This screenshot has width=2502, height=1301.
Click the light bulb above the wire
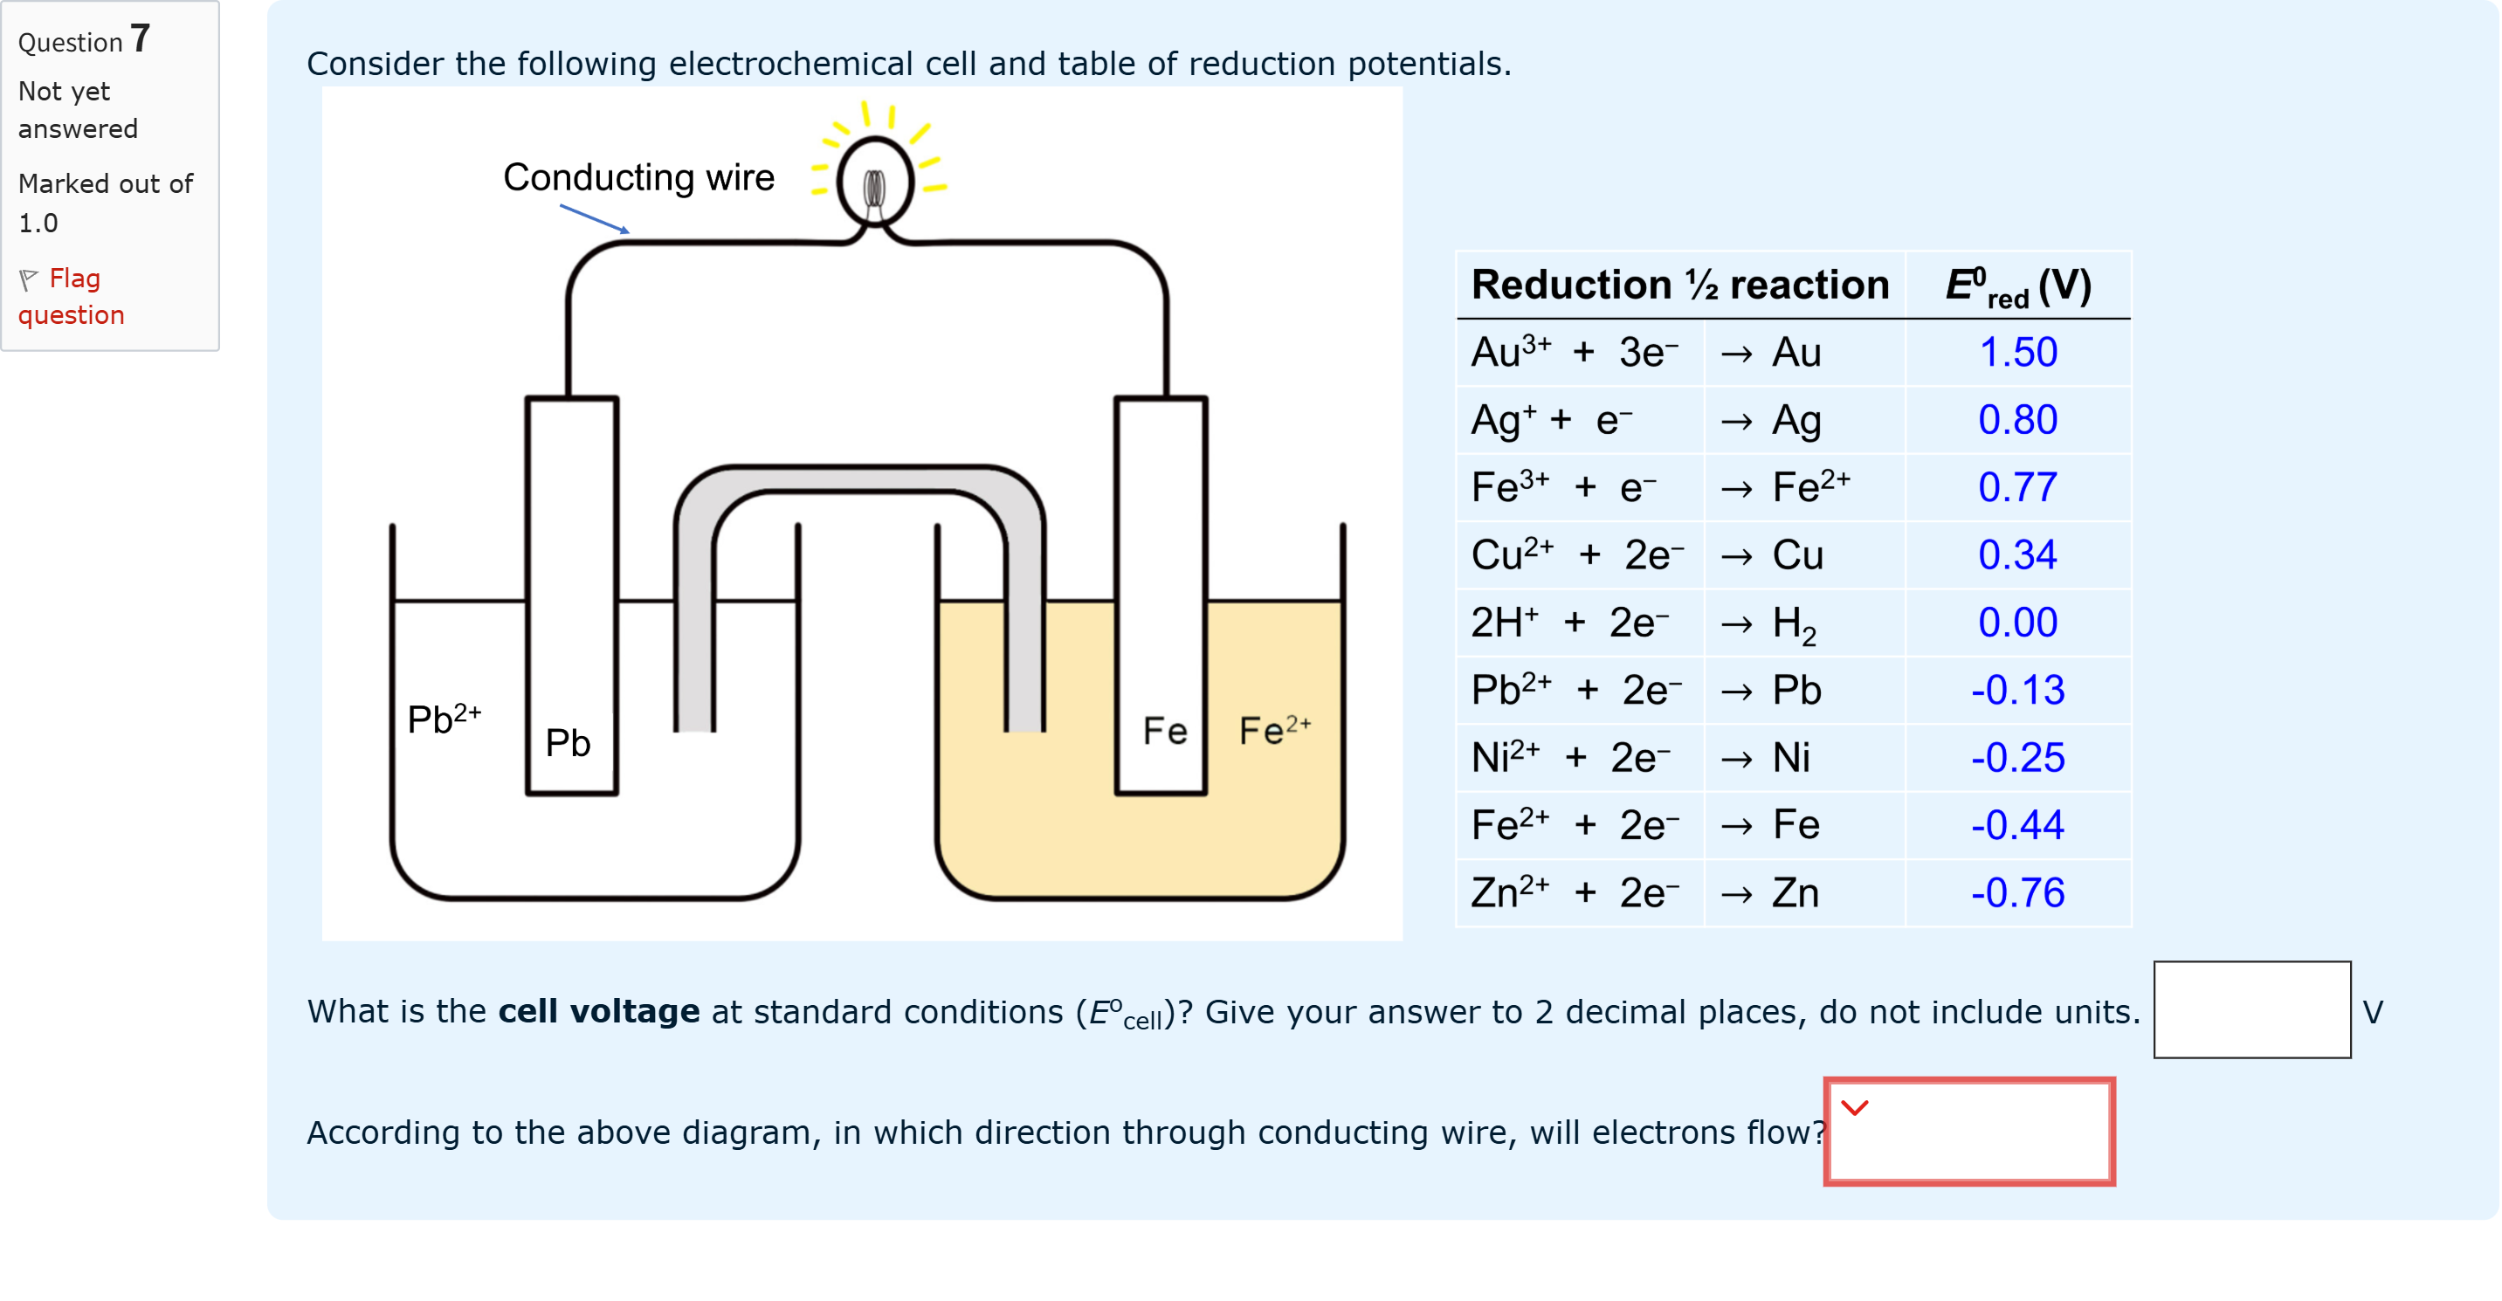pyautogui.click(x=875, y=182)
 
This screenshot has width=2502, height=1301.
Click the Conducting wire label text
pyautogui.click(x=638, y=177)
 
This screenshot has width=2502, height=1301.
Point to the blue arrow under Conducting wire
pyautogui.click(x=595, y=218)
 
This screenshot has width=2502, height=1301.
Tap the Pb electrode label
pyautogui.click(x=568, y=744)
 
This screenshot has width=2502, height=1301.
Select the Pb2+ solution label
pyautogui.click(x=444, y=719)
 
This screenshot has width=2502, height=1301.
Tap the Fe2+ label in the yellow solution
pyautogui.click(x=1274, y=730)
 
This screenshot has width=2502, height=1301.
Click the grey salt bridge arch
pyautogui.click(x=859, y=482)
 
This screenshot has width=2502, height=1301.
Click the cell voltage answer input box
pyautogui.click(x=2250, y=1009)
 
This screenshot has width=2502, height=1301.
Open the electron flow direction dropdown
pyautogui.click(x=1968, y=1131)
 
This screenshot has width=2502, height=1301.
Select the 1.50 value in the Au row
pyautogui.click(x=2017, y=353)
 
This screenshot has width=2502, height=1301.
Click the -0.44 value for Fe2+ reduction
pyautogui.click(x=2017, y=825)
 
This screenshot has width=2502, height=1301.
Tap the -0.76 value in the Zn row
pyautogui.click(x=2017, y=893)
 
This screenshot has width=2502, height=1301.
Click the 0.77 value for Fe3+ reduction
pyautogui.click(x=2017, y=487)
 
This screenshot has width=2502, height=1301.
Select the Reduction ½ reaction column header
pyautogui.click(x=1679, y=286)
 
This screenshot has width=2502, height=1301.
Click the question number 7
pyautogui.click(x=140, y=38)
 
